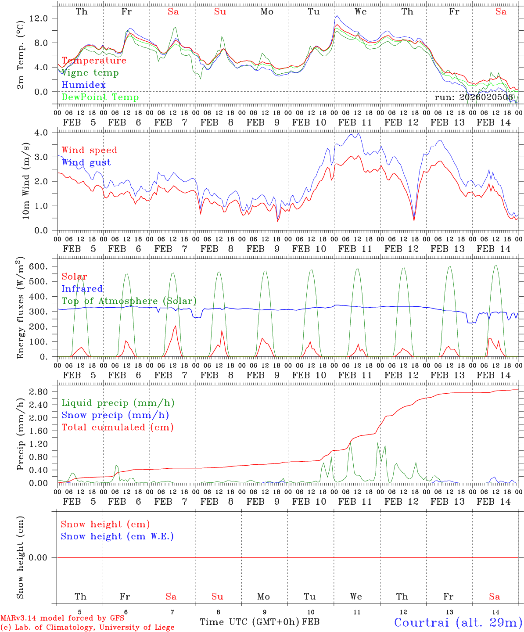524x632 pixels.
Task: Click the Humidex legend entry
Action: [83, 85]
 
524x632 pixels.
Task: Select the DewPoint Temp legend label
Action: [100, 97]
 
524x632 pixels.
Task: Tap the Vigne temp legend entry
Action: [90, 72]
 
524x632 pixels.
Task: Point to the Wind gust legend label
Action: [86, 162]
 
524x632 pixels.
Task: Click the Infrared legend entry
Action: [82, 289]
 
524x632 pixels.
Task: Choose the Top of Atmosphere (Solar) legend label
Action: [129, 301]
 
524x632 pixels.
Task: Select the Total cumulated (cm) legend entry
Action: [117, 427]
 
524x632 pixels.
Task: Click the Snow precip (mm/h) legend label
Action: [115, 415]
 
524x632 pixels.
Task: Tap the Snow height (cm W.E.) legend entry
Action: [117, 536]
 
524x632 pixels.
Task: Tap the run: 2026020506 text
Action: [474, 97]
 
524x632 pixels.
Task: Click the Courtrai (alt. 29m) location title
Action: [458, 622]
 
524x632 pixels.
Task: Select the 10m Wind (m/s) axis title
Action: [26, 181]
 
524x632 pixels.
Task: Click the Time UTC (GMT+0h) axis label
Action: [250, 622]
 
